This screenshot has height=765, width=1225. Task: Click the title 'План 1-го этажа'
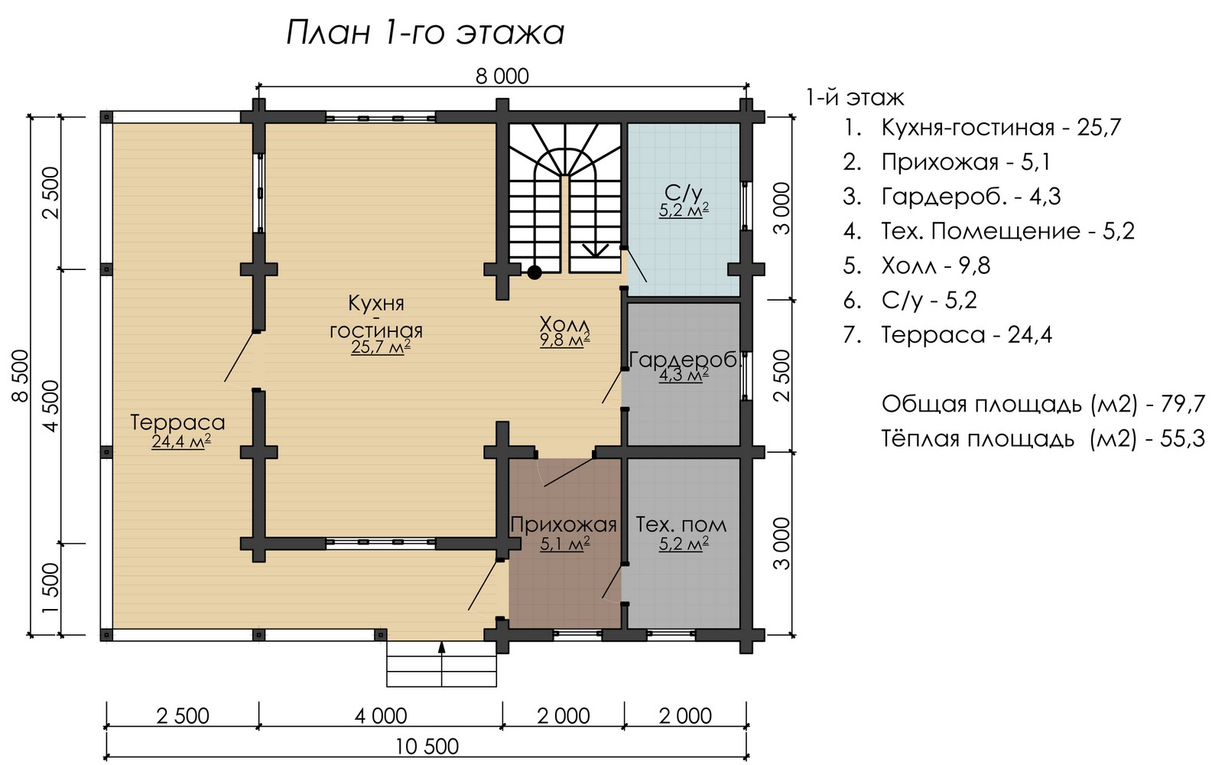425,33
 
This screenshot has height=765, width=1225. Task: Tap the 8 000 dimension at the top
502,76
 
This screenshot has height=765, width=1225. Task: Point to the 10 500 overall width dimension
427,747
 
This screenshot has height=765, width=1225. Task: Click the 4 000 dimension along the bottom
381,716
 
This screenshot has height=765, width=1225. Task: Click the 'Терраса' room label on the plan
177,422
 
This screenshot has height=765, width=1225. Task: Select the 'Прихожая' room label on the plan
564,525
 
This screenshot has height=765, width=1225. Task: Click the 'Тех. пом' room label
681,525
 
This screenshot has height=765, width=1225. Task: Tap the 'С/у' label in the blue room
683,193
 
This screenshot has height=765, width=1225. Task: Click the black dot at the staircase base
535,272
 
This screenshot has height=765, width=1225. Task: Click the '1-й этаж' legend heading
856,98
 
